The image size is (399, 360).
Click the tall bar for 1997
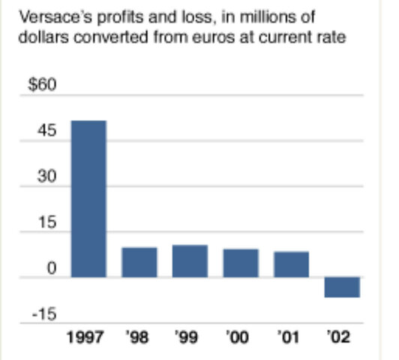(x=88, y=199)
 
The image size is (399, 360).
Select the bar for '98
(x=139, y=262)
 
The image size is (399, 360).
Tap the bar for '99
(x=190, y=261)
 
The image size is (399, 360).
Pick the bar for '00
(x=241, y=262)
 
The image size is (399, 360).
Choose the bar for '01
(x=291, y=264)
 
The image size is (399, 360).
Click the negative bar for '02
(x=342, y=287)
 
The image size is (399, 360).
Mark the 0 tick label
(x=52, y=268)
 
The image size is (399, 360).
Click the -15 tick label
(x=44, y=314)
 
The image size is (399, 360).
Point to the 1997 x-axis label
(x=88, y=336)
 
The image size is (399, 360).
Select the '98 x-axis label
(x=139, y=336)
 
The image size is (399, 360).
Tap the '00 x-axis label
(x=240, y=336)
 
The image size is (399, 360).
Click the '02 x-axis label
(x=341, y=336)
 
